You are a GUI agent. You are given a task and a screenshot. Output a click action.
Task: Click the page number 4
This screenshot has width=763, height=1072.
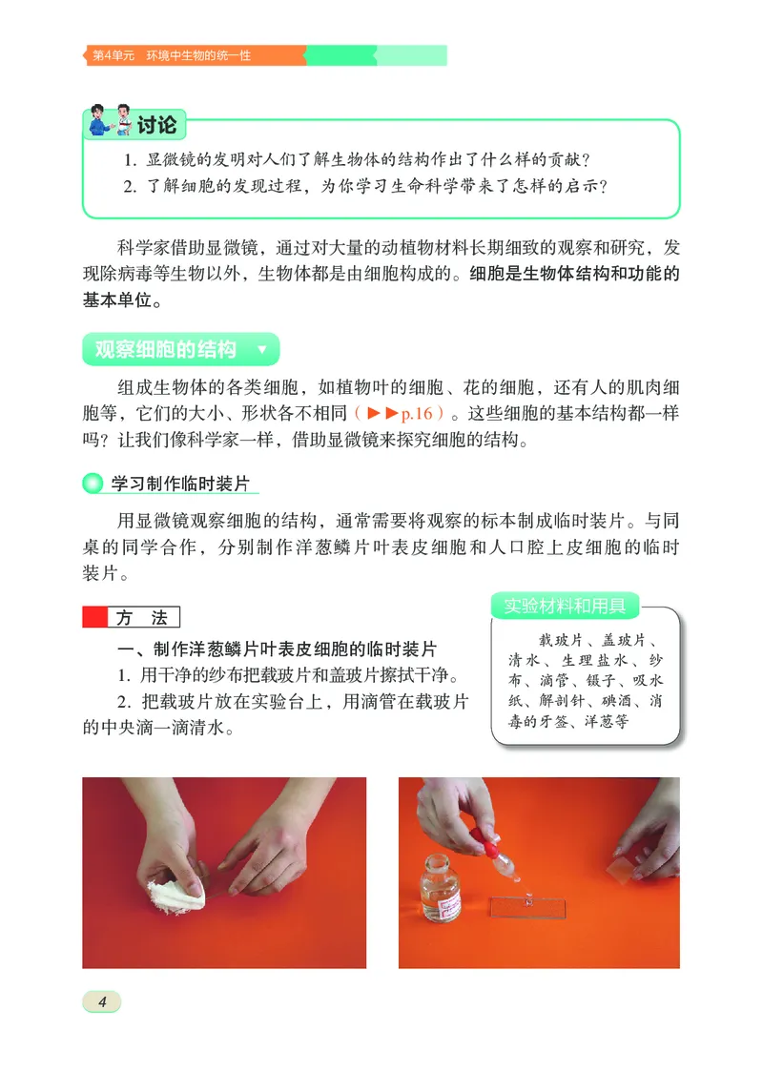coord(102,1000)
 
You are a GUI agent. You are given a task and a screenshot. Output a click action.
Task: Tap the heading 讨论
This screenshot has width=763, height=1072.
coord(156,125)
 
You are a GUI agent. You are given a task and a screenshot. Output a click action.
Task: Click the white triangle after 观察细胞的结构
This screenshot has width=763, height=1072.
coord(262,350)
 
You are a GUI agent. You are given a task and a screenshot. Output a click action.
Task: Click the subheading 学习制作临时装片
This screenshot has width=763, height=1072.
coord(180,484)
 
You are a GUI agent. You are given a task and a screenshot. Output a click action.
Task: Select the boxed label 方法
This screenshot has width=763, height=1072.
coord(143,618)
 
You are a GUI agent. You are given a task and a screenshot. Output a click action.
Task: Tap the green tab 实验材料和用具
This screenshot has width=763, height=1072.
coord(565,606)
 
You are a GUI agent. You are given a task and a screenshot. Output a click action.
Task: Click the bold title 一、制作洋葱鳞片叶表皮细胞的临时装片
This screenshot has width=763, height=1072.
coord(276,649)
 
